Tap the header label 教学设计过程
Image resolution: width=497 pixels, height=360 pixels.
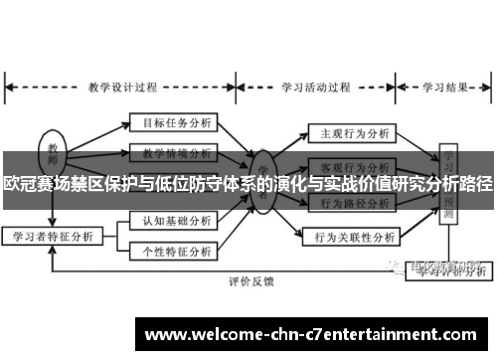pyautogui.click(x=123, y=85)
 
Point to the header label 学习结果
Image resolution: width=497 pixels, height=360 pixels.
pyautogui.click(x=444, y=85)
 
